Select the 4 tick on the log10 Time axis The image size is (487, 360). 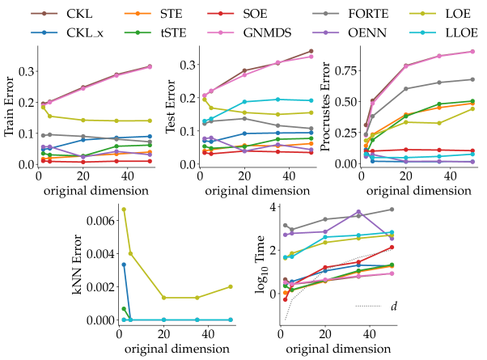(269, 207)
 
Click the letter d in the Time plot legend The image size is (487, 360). (394, 306)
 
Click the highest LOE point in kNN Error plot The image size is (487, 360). (124, 210)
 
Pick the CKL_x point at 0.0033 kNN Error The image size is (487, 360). (124, 265)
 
